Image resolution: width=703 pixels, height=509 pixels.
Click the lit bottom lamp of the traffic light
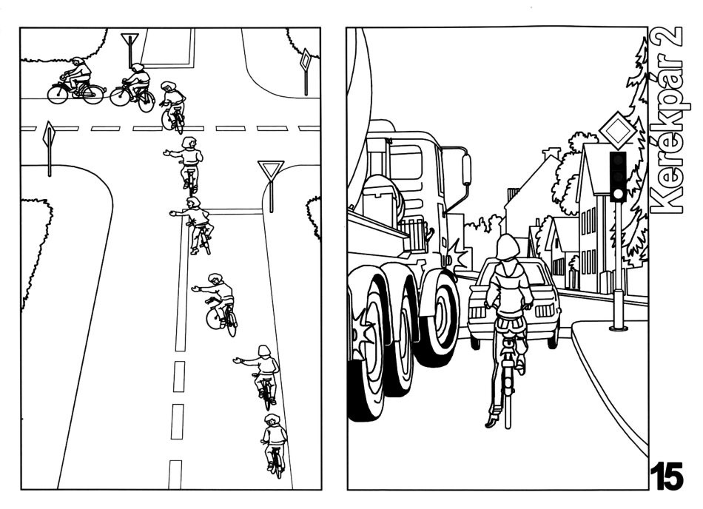(618, 194)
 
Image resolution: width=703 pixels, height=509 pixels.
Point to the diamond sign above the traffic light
(618, 130)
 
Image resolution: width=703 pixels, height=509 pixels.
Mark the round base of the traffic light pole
(618, 328)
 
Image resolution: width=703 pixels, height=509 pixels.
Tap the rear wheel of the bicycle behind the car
(507, 399)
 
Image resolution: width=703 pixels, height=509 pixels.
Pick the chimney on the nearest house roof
(551, 154)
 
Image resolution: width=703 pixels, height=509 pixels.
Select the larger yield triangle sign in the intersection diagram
(271, 171)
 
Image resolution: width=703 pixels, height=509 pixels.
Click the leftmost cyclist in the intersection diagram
(75, 81)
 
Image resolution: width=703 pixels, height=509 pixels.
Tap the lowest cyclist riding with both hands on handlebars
(275, 446)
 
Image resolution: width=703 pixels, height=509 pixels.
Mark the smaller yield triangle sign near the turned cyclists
(129, 39)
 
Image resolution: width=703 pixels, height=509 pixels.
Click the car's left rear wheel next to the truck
(475, 342)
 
